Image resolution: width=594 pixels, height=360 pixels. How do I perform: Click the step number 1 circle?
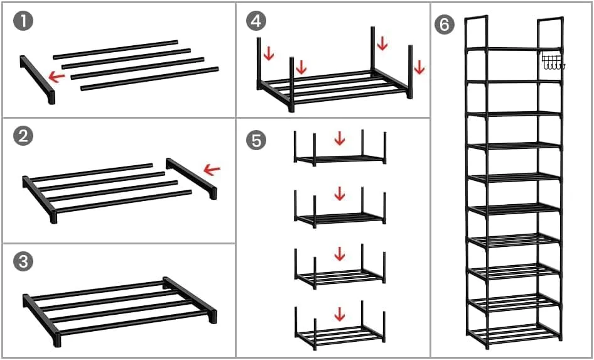click(23, 22)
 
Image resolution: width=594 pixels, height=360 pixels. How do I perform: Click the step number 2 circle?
click(23, 136)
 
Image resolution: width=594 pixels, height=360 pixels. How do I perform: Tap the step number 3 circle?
click(23, 262)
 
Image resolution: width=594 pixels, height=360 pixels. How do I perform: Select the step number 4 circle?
click(256, 21)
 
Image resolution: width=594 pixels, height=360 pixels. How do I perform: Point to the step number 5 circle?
click(256, 140)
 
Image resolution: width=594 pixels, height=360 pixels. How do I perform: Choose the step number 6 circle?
click(444, 25)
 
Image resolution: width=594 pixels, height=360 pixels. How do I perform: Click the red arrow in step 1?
click(57, 77)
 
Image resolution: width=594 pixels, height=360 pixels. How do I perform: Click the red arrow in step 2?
click(212, 170)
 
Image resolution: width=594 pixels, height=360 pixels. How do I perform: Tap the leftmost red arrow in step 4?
click(269, 54)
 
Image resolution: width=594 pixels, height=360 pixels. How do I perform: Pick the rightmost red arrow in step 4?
click(419, 67)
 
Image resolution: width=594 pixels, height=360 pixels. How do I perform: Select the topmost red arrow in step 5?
click(340, 138)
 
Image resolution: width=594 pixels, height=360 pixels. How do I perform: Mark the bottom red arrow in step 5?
click(340, 314)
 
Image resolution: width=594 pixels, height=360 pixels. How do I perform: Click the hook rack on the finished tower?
click(553, 62)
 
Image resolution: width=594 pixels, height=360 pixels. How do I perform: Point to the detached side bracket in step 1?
click(38, 80)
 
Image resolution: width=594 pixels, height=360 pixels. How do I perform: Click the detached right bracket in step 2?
click(192, 178)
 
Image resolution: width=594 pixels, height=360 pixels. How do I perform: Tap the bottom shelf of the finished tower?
click(516, 334)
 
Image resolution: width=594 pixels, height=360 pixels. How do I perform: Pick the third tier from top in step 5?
click(340, 266)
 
